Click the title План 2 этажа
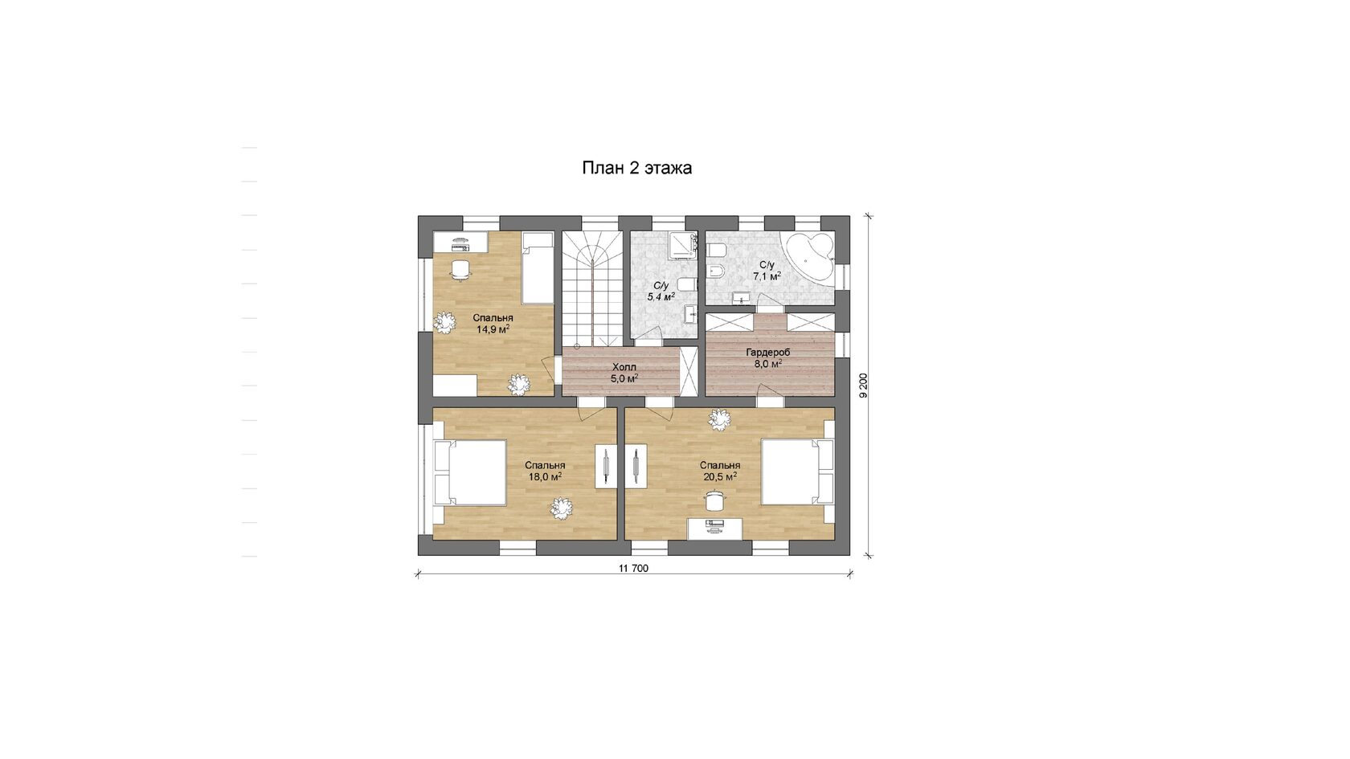click(636, 167)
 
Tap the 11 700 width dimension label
click(633, 568)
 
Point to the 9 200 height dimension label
click(863, 386)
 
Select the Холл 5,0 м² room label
click(624, 373)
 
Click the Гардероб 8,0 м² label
click(768, 358)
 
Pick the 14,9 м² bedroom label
click(493, 324)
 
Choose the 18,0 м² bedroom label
click(545, 471)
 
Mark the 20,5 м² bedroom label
click(720, 471)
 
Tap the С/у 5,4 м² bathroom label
click(661, 291)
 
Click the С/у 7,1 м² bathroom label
click(767, 271)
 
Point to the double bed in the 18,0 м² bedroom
click(470, 472)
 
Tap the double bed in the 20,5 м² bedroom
click(797, 471)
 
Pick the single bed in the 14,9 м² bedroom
click(538, 268)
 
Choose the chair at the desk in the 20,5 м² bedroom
click(715, 500)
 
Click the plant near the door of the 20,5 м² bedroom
click(719, 419)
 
